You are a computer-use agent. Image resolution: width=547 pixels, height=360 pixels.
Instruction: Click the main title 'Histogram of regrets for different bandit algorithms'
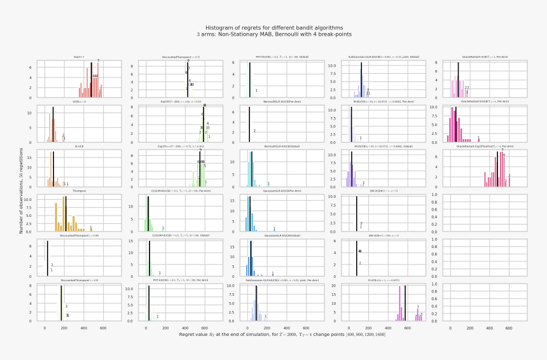pyautogui.click(x=273, y=28)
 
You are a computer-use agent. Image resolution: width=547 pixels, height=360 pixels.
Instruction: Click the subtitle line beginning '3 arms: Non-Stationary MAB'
pyautogui.click(x=273, y=34)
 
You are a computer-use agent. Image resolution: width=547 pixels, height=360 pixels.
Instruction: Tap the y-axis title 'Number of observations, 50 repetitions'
pyautogui.click(x=21, y=191)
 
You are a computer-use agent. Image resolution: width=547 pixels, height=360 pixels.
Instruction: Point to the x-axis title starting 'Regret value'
pyautogui.click(x=273, y=334)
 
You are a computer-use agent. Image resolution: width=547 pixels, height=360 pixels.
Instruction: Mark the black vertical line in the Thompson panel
pyautogui.click(x=64, y=216)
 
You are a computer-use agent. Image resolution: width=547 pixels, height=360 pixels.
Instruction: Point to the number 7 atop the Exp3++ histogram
pyautogui.click(x=98, y=61)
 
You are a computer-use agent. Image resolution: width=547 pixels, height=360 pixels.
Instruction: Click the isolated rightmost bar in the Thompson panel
pyautogui.click(x=91, y=230)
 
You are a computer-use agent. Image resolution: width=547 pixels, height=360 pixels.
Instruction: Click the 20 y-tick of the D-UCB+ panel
pyautogui.click(x=339, y=286)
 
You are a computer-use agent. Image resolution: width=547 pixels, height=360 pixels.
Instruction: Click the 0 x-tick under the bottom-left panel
pyautogui.click(x=45, y=327)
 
